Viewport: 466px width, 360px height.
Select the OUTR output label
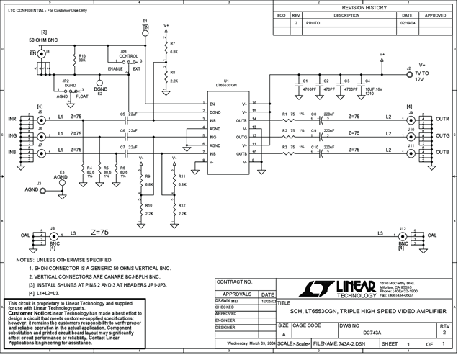[442, 119]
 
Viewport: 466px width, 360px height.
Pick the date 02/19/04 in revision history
[407, 23]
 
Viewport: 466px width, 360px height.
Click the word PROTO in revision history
[313, 23]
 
